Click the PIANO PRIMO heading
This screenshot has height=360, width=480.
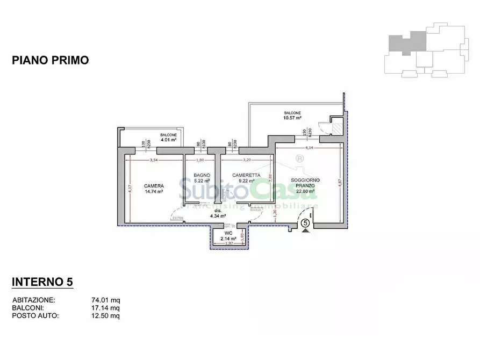[50, 61]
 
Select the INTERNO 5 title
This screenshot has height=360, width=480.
[42, 282]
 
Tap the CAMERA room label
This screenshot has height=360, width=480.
[154, 186]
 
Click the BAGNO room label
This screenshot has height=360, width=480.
[202, 176]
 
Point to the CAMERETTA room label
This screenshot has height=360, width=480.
[246, 176]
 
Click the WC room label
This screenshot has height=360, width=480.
[229, 233]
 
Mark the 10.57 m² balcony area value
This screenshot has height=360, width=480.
[292, 118]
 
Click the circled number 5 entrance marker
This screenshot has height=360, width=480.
[305, 222]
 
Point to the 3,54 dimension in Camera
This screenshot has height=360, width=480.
[153, 160]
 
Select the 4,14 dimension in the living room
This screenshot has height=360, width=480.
[309, 147]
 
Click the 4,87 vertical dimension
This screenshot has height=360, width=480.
[339, 183]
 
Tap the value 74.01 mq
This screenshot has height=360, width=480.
[105, 300]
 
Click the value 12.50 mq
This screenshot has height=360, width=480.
[105, 316]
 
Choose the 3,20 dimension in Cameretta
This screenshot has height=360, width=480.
[246, 160]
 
